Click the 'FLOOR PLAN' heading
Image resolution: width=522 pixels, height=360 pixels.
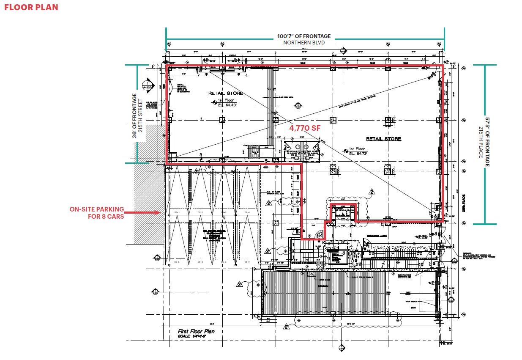31,7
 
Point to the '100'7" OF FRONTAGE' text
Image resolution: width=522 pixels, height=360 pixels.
304,36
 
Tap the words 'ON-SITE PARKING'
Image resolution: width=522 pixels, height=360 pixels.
97,209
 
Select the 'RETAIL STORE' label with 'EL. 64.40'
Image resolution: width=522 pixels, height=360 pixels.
226,93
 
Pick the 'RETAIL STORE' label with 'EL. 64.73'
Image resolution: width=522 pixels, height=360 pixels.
383,139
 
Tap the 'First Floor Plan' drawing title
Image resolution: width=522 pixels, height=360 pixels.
196,331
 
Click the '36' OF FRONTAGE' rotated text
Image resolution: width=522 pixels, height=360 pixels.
134,115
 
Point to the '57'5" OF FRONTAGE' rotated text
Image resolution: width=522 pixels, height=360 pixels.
487,142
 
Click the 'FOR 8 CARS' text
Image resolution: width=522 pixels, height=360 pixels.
106,217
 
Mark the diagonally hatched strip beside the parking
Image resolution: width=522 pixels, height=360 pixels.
149,203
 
